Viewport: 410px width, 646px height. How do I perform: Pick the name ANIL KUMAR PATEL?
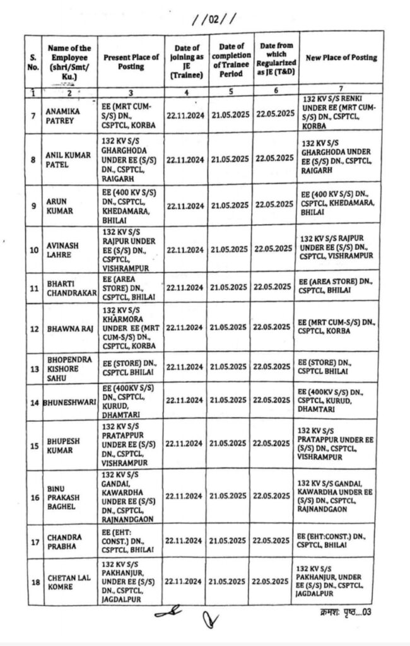(67, 159)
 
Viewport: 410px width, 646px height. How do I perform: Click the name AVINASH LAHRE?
(61, 249)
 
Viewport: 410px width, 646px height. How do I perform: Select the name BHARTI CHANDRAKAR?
(69, 288)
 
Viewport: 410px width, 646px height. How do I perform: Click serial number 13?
(33, 367)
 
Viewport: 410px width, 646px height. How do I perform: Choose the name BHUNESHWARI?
(69, 401)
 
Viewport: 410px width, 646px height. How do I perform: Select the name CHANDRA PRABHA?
(64, 541)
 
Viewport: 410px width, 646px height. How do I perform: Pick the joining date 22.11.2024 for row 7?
(185, 114)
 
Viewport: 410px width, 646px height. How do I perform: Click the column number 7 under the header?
(341, 90)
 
